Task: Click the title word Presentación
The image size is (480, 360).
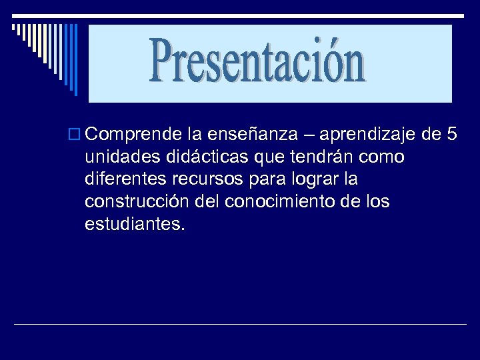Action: tap(259, 62)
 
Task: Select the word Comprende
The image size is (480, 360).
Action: tap(134, 135)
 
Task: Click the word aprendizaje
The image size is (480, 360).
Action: tap(367, 136)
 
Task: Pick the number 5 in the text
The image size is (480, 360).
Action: tap(451, 135)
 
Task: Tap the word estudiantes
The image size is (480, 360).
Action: tap(133, 225)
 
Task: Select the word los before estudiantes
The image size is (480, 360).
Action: tap(376, 202)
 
